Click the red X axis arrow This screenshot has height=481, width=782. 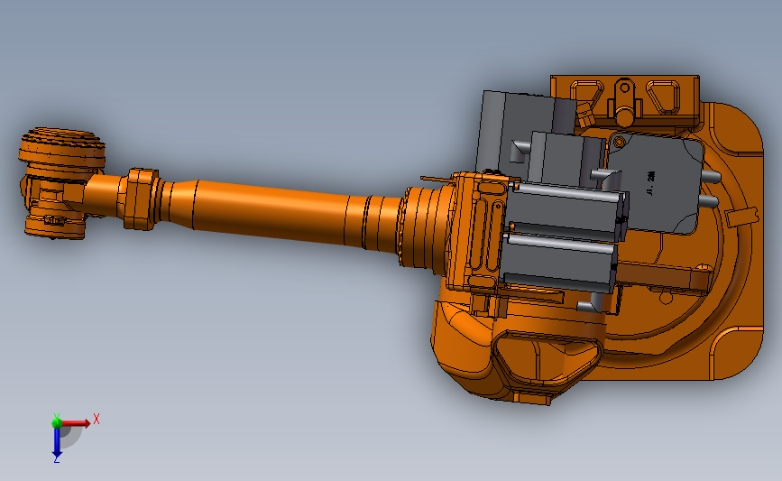(77, 421)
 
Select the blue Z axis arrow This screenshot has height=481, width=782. (56, 440)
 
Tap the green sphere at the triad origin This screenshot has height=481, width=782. (56, 421)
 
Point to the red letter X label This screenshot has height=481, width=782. (96, 419)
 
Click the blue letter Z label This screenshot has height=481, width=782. (56, 460)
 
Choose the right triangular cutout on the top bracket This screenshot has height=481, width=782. (665, 94)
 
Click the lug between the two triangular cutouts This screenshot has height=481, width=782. (623, 97)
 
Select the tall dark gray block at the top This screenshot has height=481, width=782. (514, 126)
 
